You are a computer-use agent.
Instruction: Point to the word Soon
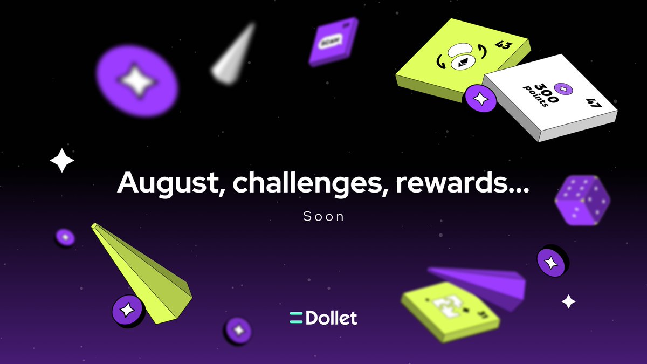(323, 217)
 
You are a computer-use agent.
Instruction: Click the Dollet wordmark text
(331, 318)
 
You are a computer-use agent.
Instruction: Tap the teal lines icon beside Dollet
(296, 318)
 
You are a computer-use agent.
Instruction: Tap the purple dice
(582, 200)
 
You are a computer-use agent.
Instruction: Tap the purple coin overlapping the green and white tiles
(479, 99)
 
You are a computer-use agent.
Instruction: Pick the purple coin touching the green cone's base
(128, 311)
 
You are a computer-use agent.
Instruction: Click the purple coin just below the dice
(552, 262)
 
